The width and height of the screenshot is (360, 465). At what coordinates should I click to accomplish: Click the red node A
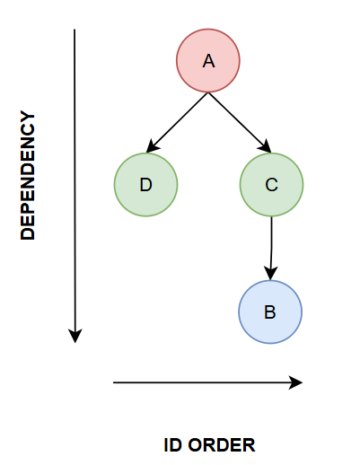click(208, 61)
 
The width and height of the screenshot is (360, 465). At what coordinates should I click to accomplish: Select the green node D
click(145, 185)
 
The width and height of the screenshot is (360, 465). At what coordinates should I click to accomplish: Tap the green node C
click(271, 185)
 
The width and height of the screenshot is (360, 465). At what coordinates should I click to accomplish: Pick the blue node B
click(270, 311)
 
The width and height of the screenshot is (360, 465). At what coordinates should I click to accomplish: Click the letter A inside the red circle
click(208, 61)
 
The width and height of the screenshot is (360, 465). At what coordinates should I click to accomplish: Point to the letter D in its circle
click(145, 185)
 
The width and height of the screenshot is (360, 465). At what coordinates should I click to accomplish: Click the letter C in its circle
click(271, 185)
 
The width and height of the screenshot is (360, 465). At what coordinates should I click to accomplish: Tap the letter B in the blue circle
click(269, 312)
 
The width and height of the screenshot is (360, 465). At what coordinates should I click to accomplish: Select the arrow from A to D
click(177, 123)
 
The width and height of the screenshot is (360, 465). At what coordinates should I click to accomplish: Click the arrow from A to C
click(240, 123)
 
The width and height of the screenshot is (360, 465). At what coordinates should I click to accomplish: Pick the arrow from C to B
click(271, 249)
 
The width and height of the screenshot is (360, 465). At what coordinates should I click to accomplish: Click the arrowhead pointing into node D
click(152, 146)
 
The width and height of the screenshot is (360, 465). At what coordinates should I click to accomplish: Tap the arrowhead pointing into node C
click(266, 146)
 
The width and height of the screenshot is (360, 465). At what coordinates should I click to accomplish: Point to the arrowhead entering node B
click(271, 273)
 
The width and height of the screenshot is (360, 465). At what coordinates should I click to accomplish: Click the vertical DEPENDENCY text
click(28, 175)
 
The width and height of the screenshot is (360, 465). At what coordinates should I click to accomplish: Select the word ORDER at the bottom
click(222, 445)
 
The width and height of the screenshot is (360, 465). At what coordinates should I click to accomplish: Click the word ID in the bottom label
click(172, 445)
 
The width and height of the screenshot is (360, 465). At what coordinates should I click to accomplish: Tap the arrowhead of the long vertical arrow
click(75, 336)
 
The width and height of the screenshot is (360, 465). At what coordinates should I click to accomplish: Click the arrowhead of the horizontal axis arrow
click(295, 382)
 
